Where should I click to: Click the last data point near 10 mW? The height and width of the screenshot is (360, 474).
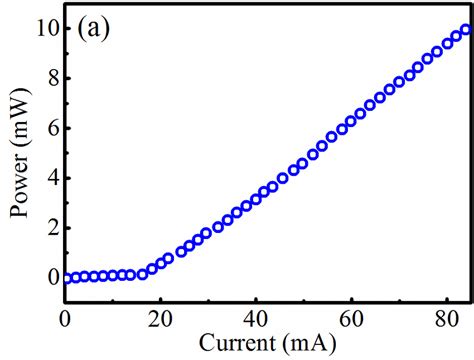[x=464, y=31]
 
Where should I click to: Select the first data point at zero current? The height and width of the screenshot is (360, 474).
[x=66, y=278]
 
